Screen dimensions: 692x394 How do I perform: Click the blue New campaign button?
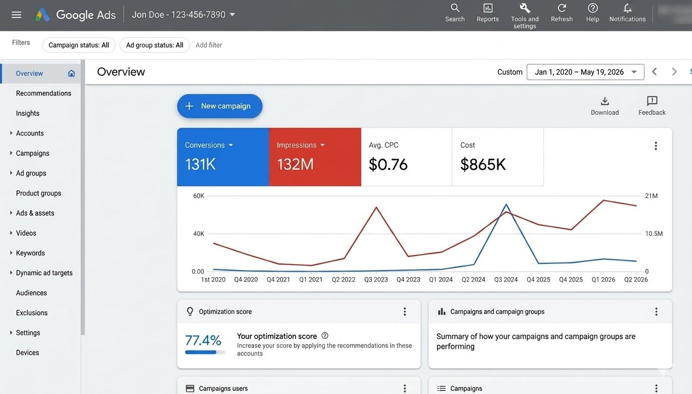220,106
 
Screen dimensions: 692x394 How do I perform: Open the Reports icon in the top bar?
488,8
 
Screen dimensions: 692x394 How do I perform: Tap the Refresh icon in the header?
561,8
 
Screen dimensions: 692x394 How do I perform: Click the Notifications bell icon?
627,8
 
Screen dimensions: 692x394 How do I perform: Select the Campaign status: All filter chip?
79,45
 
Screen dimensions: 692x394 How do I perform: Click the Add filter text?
209,45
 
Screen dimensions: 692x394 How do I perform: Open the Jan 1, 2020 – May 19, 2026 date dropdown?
585,72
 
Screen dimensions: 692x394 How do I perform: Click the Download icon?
605,101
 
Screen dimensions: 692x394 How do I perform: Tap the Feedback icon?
652,101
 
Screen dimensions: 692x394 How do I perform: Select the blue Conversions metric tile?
223,157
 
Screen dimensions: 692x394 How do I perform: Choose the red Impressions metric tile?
315,157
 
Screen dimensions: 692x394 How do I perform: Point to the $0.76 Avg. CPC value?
388,164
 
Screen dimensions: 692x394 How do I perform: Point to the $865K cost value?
483,164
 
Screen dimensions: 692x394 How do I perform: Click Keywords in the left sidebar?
30,253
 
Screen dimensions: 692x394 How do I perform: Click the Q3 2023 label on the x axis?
376,280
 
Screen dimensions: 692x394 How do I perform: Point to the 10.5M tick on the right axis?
654,233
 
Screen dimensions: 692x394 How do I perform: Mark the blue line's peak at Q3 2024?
506,204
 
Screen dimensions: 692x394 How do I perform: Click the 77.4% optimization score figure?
203,341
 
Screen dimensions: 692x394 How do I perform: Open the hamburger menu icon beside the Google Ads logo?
16,14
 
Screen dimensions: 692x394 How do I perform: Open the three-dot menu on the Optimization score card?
405,312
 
